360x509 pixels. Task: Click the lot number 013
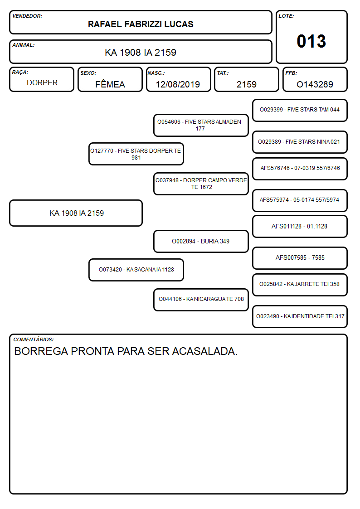[311, 41]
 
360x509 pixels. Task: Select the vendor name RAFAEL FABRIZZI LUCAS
[141, 24]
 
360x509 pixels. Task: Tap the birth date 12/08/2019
[178, 84]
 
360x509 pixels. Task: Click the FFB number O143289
[315, 84]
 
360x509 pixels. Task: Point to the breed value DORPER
[42, 83]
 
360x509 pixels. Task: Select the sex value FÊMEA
[110, 84]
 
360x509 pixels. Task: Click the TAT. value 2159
[247, 84]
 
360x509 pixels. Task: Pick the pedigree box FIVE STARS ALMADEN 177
[201, 125]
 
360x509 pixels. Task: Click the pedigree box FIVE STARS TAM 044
[300, 111]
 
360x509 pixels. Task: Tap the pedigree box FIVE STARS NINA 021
[300, 142]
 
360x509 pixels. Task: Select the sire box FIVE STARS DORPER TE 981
[136, 154]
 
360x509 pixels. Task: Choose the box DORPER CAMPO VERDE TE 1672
[201, 184]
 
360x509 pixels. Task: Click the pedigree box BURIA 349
[201, 241]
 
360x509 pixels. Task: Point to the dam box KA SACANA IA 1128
[136, 270]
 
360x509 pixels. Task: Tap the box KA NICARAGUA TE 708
[201, 300]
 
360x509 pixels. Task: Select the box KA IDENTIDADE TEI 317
[300, 316]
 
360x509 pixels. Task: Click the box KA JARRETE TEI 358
[300, 285]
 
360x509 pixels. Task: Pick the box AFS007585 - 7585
[300, 258]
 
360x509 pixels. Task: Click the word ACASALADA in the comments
[205, 351]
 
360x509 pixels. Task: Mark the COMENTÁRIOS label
[34, 339]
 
